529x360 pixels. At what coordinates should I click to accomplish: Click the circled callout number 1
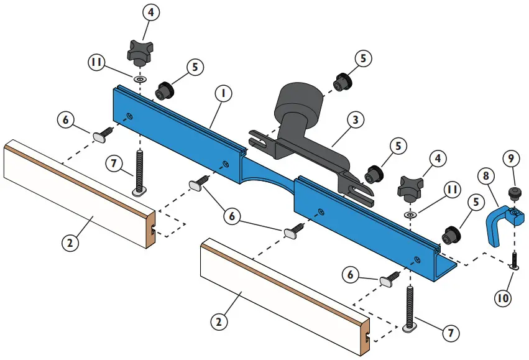coord(221,94)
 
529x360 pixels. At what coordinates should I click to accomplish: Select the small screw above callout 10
coord(515,260)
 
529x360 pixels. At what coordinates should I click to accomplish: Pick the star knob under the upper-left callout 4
coord(140,51)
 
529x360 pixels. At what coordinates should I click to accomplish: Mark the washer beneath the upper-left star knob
coord(140,80)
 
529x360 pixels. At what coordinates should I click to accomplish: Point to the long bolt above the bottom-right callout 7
coord(410,305)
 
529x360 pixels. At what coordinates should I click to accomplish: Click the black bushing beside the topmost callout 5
coord(341,81)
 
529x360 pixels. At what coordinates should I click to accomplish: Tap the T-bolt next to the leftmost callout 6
coord(101,134)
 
